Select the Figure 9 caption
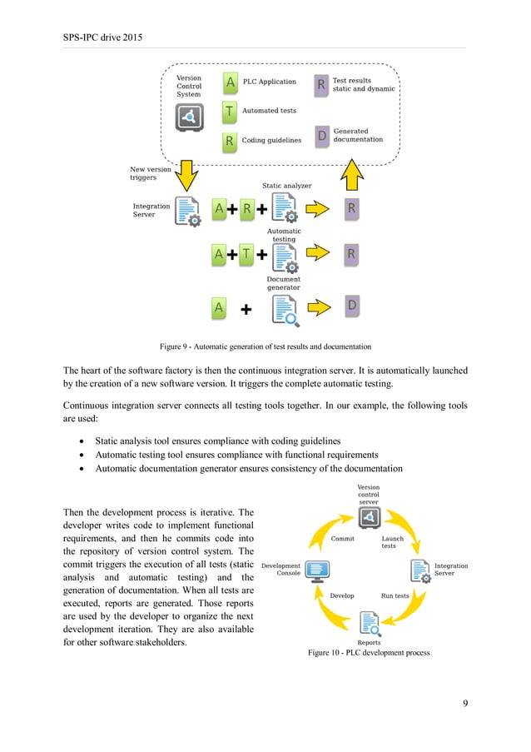(265, 346)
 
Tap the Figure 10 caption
(368, 653)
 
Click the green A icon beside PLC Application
(229, 83)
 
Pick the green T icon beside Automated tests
(229, 111)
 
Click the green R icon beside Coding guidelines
(229, 140)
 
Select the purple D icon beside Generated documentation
(321, 136)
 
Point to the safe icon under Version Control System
(189, 117)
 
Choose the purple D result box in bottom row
(351, 307)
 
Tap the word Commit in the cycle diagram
(343, 539)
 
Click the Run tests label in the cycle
(395, 596)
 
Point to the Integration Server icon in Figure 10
(419, 570)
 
